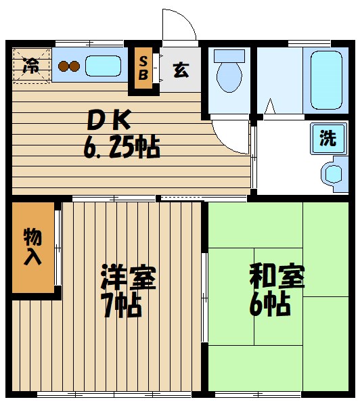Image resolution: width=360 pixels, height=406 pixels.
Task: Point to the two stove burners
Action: coord(69,66)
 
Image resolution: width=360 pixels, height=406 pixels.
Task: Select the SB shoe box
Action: coord(143,68)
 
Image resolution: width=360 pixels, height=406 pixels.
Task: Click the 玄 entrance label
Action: coord(181,69)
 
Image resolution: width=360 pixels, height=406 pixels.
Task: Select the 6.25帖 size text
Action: coord(122,147)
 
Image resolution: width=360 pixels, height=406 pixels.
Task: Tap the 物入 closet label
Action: coord(32,246)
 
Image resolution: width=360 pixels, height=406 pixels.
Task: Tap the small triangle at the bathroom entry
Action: coord(270,107)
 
